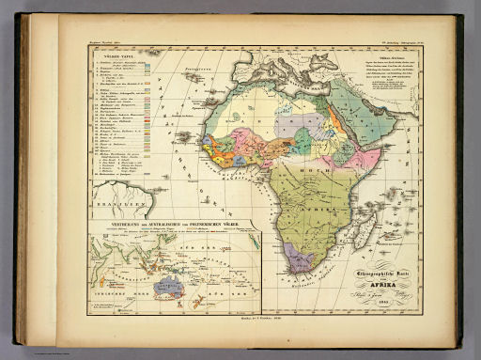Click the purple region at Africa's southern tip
click(302, 257)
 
